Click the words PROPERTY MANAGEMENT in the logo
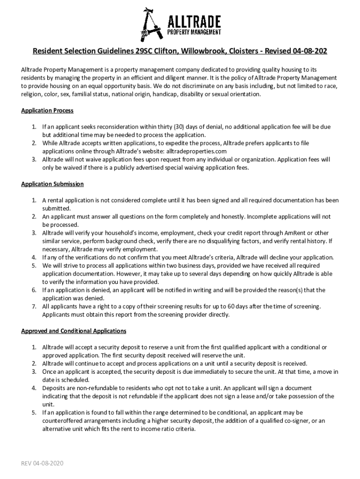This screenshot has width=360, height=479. coord(194,32)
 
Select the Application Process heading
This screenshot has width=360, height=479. coord(47,111)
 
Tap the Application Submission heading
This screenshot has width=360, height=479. coord(52,184)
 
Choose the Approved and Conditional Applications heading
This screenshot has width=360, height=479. coord(74,331)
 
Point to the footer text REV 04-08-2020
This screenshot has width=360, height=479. coord(42,463)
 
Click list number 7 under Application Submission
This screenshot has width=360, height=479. coord(34,306)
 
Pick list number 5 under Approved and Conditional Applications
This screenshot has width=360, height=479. coord(34,413)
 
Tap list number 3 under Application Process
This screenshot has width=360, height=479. coord(34,160)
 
